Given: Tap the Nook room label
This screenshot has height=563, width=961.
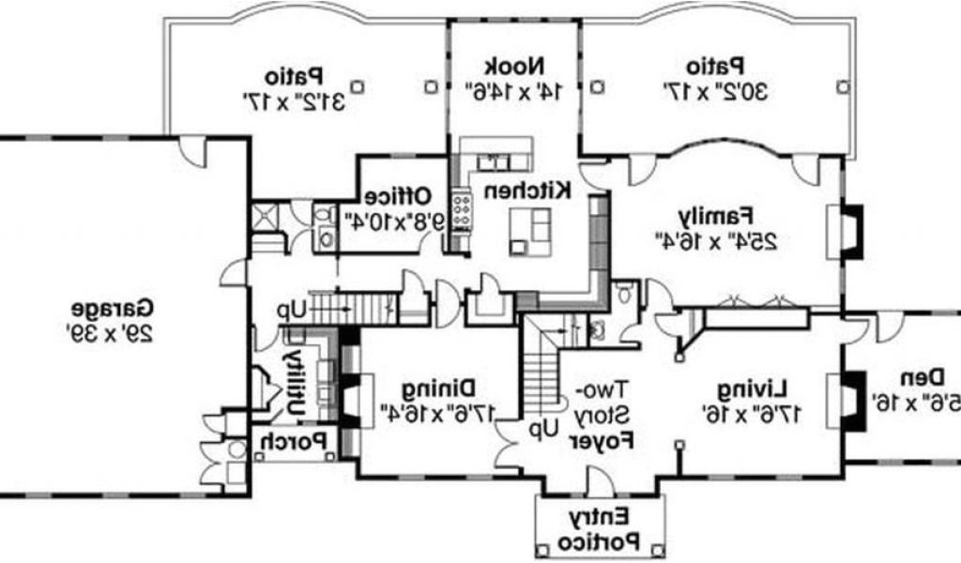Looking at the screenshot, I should tap(514, 68).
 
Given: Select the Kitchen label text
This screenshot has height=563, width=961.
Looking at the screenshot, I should tap(528, 190).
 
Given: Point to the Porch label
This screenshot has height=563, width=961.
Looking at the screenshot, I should tap(293, 439).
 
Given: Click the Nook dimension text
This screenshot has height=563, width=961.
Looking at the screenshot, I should tap(514, 91).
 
